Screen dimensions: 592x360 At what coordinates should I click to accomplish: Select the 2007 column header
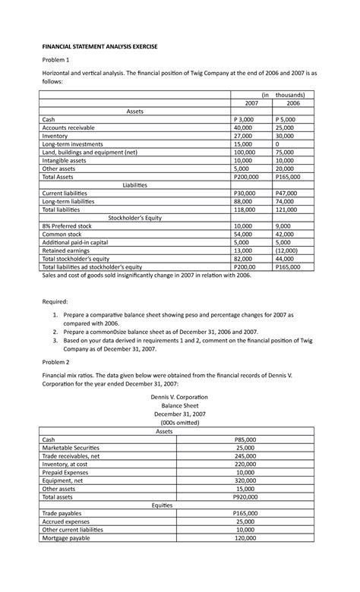pyautogui.click(x=245, y=102)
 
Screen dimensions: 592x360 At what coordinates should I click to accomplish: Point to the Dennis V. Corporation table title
pyautogui.click(x=179, y=398)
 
